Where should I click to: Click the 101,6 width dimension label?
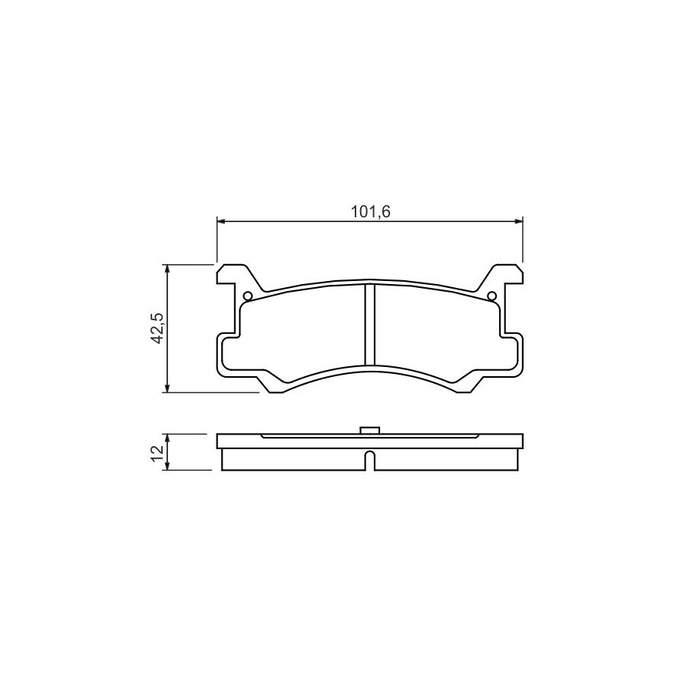[x=370, y=213]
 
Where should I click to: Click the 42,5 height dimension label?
[x=157, y=328]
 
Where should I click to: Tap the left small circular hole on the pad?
[x=248, y=296]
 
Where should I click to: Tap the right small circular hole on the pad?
[x=492, y=296]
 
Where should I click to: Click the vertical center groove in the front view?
[x=370, y=325]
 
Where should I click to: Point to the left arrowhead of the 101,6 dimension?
[x=222, y=222]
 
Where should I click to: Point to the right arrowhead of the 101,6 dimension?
[x=517, y=222]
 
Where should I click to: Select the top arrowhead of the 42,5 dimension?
[x=167, y=269]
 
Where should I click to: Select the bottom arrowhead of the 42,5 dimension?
[x=167, y=388]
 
